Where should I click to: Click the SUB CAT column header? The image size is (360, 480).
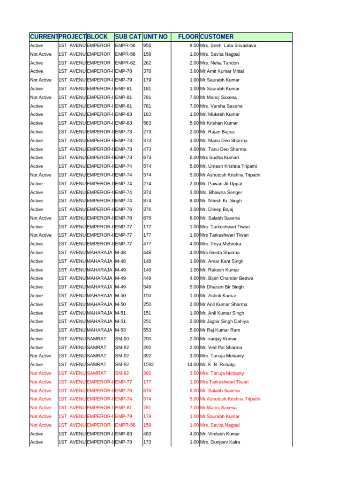[128, 37]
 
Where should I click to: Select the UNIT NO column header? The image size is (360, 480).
[155, 37]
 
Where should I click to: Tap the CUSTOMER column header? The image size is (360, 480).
[217, 37]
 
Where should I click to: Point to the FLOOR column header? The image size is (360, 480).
[188, 37]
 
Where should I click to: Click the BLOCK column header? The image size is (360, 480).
[97, 37]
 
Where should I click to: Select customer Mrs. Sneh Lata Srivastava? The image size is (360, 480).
[228, 45]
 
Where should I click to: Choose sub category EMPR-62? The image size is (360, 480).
[125, 63]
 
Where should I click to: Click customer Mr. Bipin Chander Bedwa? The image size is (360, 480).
[226, 278]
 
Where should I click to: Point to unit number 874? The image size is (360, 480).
[147, 201]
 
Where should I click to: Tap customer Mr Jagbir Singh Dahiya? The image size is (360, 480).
[224, 321]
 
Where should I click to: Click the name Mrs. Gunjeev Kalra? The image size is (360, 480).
[220, 442]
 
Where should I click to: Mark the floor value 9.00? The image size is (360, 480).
[194, 45]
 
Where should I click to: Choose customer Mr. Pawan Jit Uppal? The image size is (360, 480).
[221, 183]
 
